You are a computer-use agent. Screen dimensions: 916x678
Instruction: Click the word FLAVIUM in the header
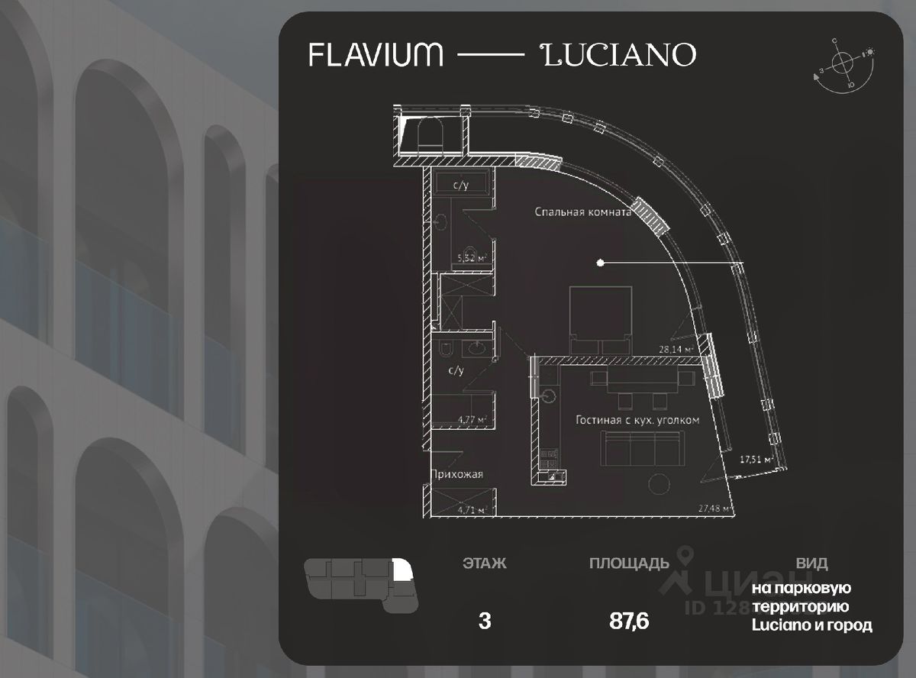375,54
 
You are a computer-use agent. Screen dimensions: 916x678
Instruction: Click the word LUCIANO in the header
618,54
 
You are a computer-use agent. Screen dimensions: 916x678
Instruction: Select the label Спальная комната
583,213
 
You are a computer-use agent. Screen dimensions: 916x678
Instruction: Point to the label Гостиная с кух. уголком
637,420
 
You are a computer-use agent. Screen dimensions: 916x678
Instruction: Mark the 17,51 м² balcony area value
756,460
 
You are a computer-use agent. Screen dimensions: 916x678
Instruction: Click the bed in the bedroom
602,319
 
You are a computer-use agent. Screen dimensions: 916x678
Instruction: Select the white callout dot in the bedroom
601,263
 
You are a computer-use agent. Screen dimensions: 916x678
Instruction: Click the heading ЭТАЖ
484,564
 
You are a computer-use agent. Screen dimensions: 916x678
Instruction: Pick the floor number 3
484,621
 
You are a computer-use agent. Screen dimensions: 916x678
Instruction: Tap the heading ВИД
811,564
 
